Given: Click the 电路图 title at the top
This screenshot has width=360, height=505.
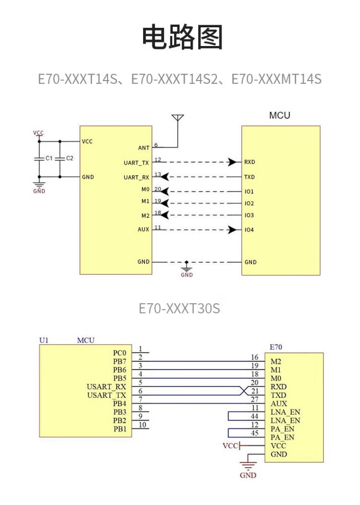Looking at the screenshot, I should [x=182, y=38].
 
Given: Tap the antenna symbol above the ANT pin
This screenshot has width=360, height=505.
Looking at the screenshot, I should [x=178, y=118].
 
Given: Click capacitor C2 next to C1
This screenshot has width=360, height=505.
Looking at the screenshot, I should [x=60, y=158].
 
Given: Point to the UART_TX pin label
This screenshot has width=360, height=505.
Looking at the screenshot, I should [x=136, y=163].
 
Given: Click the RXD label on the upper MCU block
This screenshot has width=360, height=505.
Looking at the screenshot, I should [x=250, y=162].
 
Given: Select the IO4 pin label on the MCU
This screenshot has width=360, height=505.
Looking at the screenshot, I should [x=249, y=230].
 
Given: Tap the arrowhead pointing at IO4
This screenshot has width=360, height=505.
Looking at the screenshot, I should [x=233, y=230].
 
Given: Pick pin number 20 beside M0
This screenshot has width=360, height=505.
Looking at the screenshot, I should [x=157, y=189].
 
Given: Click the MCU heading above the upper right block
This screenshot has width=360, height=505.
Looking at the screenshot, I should [x=279, y=116].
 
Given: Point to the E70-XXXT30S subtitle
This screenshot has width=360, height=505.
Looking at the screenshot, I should [x=180, y=308].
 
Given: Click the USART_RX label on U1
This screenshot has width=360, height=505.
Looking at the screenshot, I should [x=107, y=387].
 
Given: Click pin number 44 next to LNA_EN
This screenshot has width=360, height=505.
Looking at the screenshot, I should [x=255, y=417].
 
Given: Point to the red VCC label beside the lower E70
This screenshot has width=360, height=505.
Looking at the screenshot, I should [x=230, y=446].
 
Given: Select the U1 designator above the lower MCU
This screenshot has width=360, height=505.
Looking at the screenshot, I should [x=44, y=340].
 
